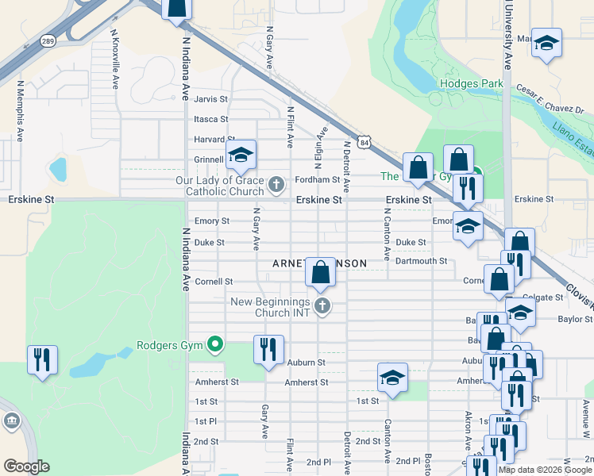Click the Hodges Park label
(x=469, y=83)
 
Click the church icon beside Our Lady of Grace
(x=276, y=186)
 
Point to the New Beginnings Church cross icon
(x=322, y=306)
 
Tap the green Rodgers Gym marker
(x=214, y=344)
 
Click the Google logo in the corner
(x=27, y=466)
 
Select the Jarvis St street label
(x=210, y=99)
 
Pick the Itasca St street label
(x=210, y=119)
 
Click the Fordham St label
(x=318, y=180)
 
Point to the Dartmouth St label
(x=422, y=260)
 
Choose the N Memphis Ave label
(x=17, y=110)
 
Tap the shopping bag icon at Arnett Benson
(x=320, y=271)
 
